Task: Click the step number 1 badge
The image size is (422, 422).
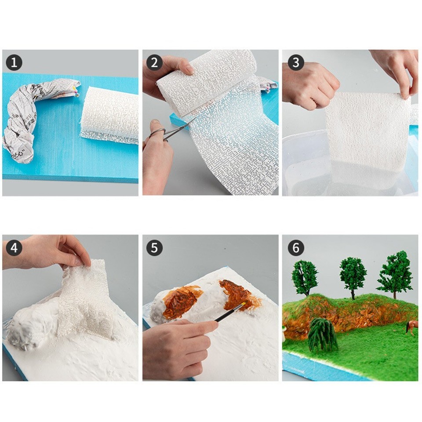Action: [x=14, y=63]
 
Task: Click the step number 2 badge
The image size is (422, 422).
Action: [x=154, y=63]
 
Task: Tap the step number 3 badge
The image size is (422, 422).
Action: [x=296, y=63]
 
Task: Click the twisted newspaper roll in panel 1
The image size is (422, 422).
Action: [x=31, y=114]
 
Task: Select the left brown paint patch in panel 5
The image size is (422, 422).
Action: [x=180, y=301]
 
